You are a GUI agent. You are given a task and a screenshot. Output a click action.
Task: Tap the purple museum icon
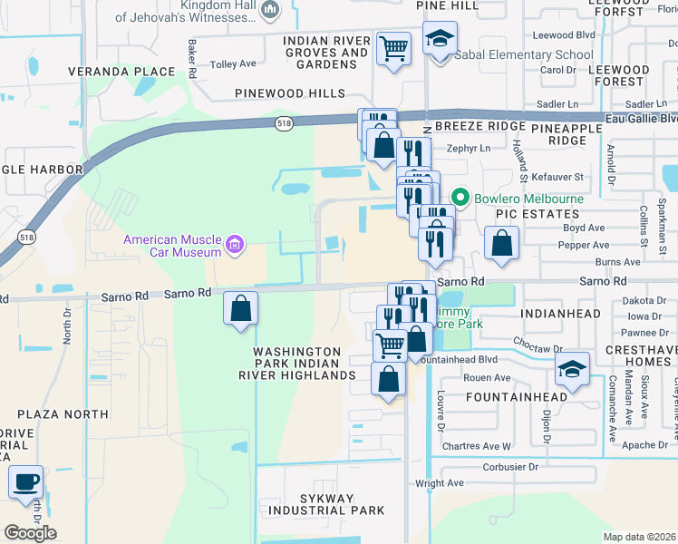click(x=235, y=244)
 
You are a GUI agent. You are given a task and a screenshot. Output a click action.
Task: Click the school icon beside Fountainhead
click(x=572, y=368)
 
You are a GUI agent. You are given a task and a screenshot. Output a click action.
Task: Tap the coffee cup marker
click(x=26, y=481)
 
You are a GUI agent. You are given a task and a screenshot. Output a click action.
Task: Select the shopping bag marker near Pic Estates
click(x=501, y=242)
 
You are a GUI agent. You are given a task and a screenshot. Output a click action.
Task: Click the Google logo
click(x=30, y=532)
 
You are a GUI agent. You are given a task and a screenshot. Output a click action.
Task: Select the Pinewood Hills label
click(x=290, y=93)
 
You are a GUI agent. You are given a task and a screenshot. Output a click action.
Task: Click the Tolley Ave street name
click(x=234, y=64)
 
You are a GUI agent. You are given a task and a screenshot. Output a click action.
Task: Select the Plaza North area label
click(x=68, y=414)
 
